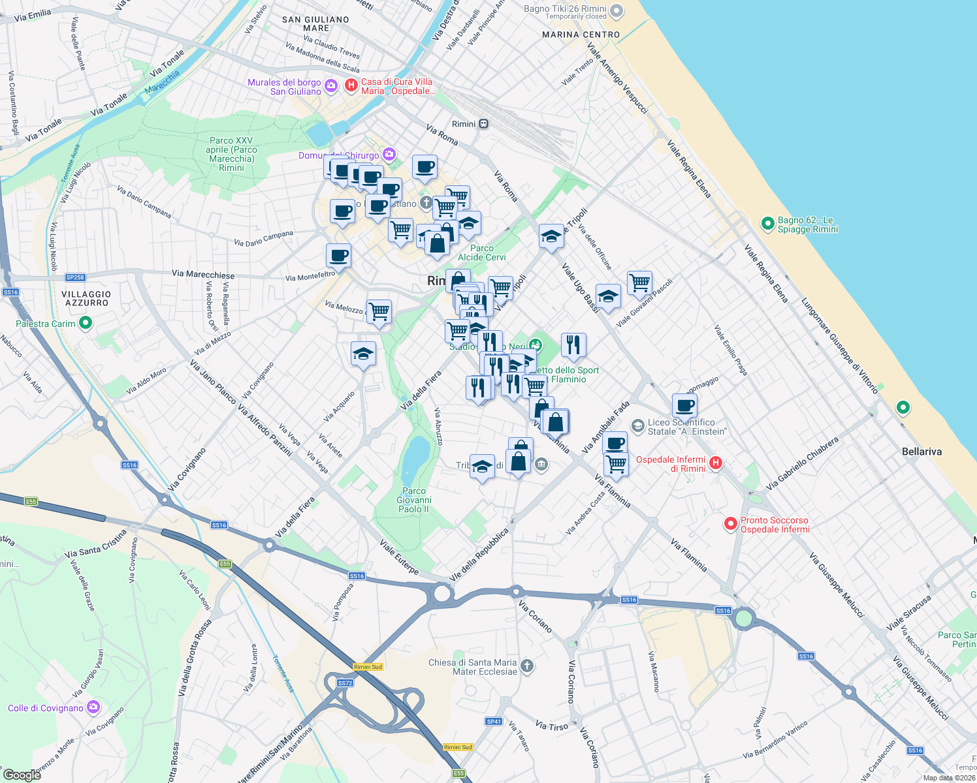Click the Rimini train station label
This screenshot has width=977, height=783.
pos(464,124)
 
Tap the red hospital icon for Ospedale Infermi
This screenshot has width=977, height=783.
pos(716,463)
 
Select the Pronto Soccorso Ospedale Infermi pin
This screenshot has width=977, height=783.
pos(731,524)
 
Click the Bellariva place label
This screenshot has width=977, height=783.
pos(921,452)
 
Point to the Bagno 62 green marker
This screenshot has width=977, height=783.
pos(768,224)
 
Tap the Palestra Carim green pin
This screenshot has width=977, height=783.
pos(85,323)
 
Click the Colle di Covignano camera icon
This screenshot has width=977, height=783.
pos(93,707)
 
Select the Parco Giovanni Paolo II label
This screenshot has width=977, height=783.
pos(414,500)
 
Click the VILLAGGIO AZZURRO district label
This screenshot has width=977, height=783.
pos(87,299)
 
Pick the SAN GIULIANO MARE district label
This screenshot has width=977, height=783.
pos(315,23)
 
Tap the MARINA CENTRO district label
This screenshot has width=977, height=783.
pos(581,35)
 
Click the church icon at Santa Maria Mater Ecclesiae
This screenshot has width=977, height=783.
pos(527,666)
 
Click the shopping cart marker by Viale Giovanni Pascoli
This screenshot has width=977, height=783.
pos(639,283)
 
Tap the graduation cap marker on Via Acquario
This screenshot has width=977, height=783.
pos(363,354)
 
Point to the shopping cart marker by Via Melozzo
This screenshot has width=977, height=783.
pos(379,311)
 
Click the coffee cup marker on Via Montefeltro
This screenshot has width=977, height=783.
pos(338,255)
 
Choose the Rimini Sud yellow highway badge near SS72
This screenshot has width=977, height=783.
pos(368,666)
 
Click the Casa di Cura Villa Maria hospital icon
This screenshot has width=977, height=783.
pos(351,85)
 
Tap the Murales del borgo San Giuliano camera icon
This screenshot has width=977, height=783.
pos(331,85)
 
